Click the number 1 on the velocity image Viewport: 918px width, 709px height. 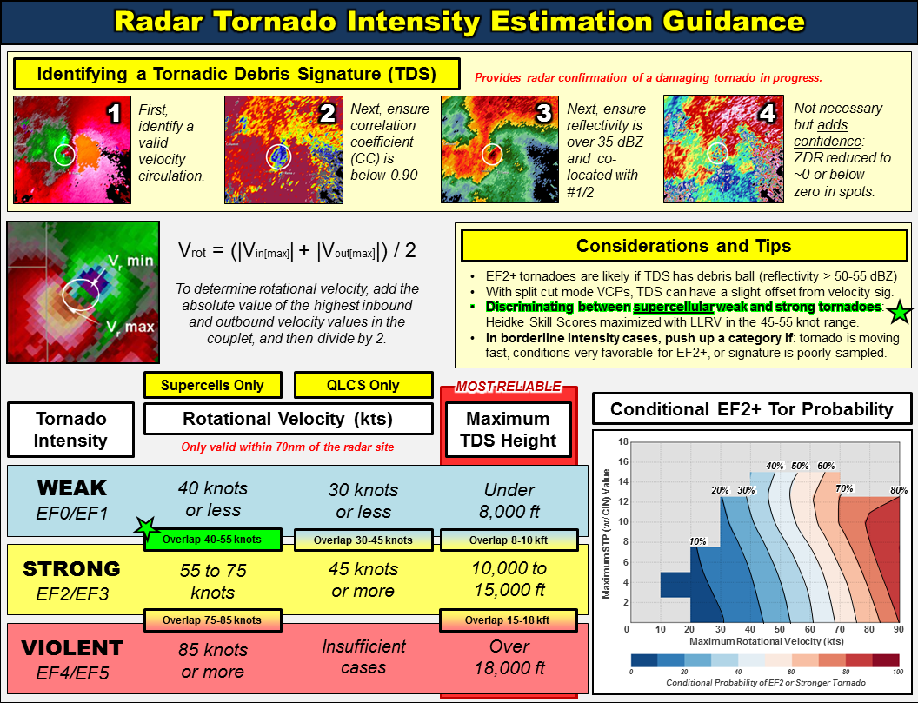click(x=114, y=113)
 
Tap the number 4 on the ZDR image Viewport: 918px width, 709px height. click(x=767, y=112)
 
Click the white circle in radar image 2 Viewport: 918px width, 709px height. click(x=279, y=156)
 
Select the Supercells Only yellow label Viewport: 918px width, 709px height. click(x=212, y=385)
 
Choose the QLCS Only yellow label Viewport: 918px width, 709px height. click(x=363, y=385)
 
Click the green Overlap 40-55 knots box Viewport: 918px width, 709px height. click(x=212, y=540)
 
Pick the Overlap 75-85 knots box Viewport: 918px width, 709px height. click(x=212, y=620)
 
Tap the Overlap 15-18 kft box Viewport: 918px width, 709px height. click(x=509, y=620)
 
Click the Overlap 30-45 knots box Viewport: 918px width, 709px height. click(x=363, y=540)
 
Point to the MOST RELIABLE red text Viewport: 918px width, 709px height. click(x=509, y=387)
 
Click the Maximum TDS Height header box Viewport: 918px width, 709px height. click(x=509, y=429)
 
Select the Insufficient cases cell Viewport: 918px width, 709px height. click(x=363, y=657)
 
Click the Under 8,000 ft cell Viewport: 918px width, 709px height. click(x=509, y=500)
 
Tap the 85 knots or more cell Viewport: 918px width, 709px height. click(x=212, y=660)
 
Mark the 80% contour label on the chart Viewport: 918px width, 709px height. click(x=899, y=490)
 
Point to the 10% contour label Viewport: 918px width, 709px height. click(x=697, y=541)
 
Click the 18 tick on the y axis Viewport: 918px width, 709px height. click(x=623, y=441)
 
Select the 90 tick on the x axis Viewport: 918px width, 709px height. click(x=899, y=629)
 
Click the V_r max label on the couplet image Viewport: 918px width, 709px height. click(x=130, y=327)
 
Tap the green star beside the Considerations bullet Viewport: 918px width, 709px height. click(x=900, y=312)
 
